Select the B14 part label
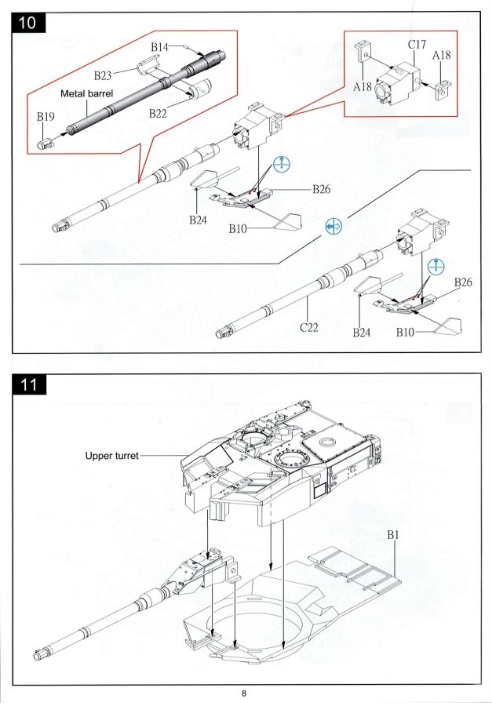pyautogui.click(x=160, y=48)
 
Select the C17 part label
pyautogui.click(x=417, y=45)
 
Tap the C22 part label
pyautogui.click(x=308, y=326)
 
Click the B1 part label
pyautogui.click(x=395, y=534)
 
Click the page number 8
pyautogui.click(x=245, y=693)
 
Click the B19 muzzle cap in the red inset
pyautogui.click(x=46, y=143)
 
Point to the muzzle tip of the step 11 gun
pyautogui.click(x=40, y=652)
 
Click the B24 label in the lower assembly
pyautogui.click(x=362, y=333)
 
